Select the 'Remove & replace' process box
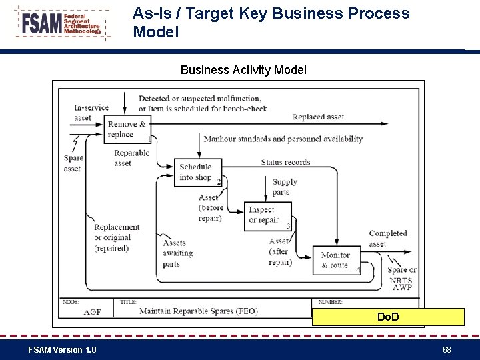(127, 129)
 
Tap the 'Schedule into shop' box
(196, 172)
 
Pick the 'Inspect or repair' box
(267, 214)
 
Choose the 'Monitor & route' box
(336, 260)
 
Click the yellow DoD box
(388, 317)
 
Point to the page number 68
(447, 350)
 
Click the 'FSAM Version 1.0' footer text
(62, 350)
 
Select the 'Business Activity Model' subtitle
(243, 70)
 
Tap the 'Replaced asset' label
(319, 117)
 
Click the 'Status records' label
(286, 162)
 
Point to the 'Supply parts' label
(284, 187)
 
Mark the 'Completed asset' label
(387, 238)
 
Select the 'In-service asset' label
(91, 113)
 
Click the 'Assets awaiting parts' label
(177, 253)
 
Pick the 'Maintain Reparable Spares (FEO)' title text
(198, 311)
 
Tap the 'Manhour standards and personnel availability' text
(283, 139)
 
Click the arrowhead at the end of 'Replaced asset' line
(385, 123)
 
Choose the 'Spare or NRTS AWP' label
(401, 275)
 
